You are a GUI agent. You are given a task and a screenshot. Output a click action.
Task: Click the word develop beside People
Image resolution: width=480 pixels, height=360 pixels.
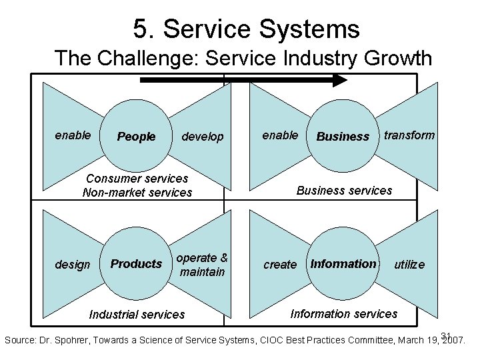pos(203,137)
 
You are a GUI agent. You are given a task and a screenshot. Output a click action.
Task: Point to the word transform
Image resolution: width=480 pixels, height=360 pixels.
pos(409,135)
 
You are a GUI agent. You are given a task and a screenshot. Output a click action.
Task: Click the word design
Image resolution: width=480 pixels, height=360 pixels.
pos(72,265)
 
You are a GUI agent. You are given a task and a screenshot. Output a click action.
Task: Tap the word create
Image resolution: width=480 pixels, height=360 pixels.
pos(280,265)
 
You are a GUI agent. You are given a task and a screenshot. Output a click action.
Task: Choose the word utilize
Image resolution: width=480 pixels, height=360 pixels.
pos(409,265)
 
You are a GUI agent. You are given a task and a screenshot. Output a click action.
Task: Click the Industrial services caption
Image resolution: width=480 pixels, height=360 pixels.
pos(137,314)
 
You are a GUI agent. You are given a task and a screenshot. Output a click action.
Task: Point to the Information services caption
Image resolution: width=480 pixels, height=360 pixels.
pos(344,313)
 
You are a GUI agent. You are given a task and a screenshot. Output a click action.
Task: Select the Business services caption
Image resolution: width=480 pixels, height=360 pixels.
pos(344,191)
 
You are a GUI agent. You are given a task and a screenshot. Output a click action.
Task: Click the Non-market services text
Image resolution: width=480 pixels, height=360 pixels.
pos(137,193)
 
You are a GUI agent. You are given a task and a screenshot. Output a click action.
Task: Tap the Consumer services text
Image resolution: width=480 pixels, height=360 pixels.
pos(137,179)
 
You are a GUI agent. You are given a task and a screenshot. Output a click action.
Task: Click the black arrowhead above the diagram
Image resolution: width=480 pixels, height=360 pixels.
pos(340,80)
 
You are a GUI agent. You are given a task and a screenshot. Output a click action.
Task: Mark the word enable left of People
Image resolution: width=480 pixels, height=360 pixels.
pos(73,135)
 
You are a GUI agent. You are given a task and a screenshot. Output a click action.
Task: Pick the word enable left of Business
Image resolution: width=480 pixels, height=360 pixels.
pos(280,135)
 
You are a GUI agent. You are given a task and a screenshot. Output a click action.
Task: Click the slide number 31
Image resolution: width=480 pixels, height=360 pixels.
pos(447,335)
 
